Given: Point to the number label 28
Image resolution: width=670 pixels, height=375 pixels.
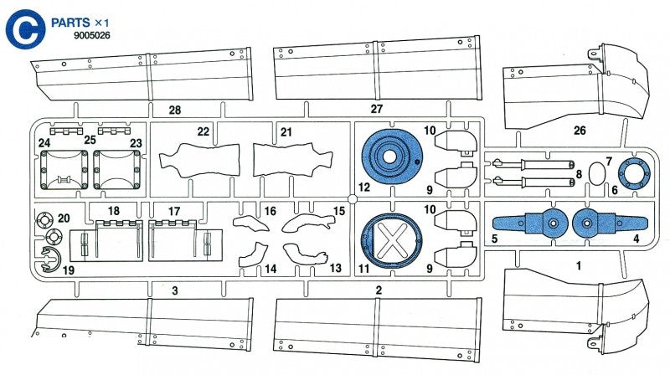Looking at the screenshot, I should click(173, 110).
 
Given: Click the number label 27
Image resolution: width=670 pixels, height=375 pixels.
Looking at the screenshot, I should click(376, 109).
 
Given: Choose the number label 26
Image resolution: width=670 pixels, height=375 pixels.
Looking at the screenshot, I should click(580, 131).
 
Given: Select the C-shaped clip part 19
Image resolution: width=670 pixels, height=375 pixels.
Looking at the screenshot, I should click(49, 264).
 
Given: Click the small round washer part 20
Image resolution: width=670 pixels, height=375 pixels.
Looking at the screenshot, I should click(46, 223).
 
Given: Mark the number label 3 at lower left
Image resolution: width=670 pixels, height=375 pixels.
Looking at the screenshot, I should click(174, 290).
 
